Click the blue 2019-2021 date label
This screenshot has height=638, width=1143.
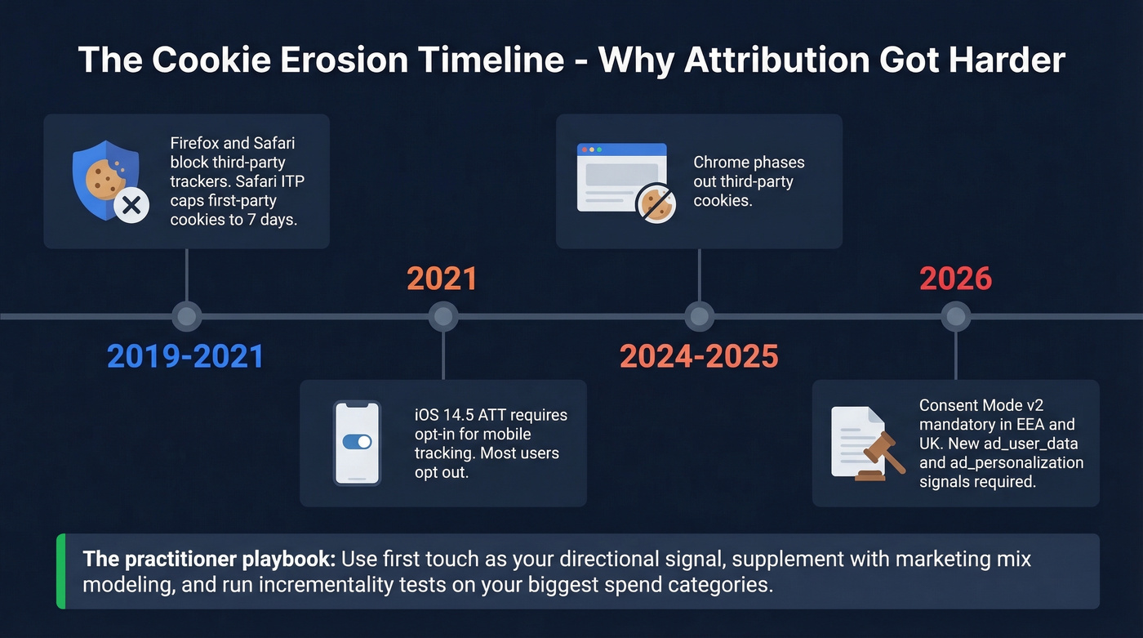click(185, 356)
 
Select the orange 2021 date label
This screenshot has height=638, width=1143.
click(442, 279)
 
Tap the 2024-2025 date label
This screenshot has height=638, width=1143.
click(699, 356)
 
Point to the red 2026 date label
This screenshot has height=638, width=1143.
click(955, 279)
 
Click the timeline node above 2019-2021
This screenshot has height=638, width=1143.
click(187, 316)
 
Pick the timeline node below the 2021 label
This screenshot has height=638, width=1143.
click(443, 316)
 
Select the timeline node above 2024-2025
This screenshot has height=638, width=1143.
click(699, 316)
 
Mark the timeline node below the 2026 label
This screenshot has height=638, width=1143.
click(955, 316)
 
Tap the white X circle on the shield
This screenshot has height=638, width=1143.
click(131, 207)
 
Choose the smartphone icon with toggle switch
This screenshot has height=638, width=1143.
click(357, 443)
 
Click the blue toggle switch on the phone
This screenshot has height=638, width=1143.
click(357, 442)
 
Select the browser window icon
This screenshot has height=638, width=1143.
click(621, 177)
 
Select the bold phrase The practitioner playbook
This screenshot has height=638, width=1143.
click(209, 560)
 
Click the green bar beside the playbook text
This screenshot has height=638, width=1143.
click(60, 571)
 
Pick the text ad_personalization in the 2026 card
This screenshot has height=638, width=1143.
click(1001, 463)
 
